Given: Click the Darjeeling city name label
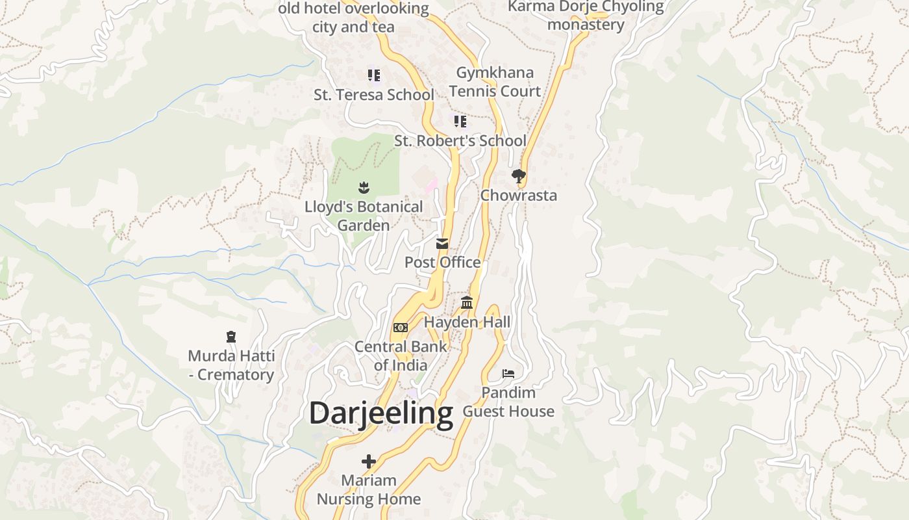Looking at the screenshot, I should tap(380, 413).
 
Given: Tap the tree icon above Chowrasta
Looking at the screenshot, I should tap(518, 175).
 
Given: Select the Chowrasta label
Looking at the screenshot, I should tap(518, 196).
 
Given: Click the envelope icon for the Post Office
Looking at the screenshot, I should tap(442, 244).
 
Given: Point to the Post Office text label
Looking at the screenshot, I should tap(442, 263).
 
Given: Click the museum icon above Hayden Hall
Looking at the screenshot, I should tap(467, 302).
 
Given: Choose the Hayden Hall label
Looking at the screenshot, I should tap(467, 322).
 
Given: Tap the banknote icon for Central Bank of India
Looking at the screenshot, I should tap(401, 327).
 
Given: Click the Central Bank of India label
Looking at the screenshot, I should tap(401, 356).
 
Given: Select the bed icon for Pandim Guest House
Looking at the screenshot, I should tap(508, 374).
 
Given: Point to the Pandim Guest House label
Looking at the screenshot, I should tap(508, 402).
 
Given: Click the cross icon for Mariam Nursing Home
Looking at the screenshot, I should tap(369, 461).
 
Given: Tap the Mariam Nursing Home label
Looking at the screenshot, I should tap(369, 490).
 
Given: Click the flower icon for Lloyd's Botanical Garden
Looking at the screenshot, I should tap(364, 188).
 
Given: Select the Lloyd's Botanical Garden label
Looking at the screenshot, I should tap(364, 216).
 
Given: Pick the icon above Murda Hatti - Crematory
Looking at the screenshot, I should tap(230, 337).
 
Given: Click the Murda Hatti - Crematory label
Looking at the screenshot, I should tap(230, 365).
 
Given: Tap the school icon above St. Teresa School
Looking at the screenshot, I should tap(373, 75).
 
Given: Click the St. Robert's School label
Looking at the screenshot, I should tap(460, 141).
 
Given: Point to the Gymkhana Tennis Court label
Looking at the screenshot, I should tap(495, 82).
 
